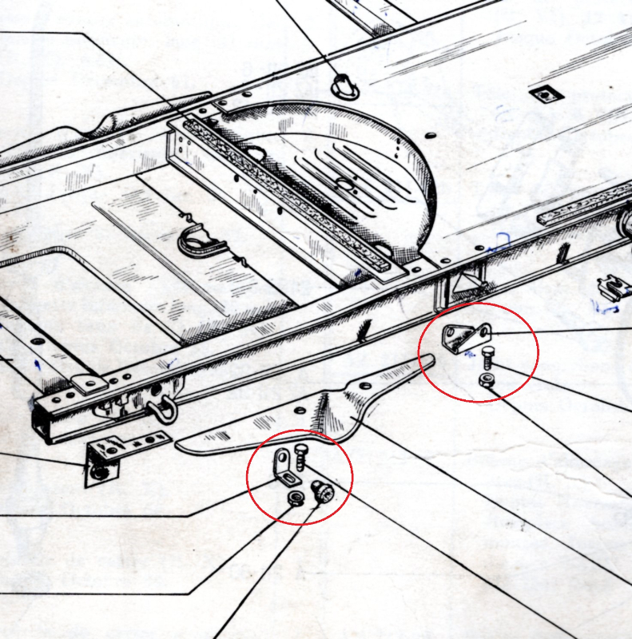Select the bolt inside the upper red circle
click(x=488, y=357)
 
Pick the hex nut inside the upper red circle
click(x=487, y=379)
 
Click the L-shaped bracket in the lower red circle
click(x=284, y=467)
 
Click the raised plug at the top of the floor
click(x=343, y=83)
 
